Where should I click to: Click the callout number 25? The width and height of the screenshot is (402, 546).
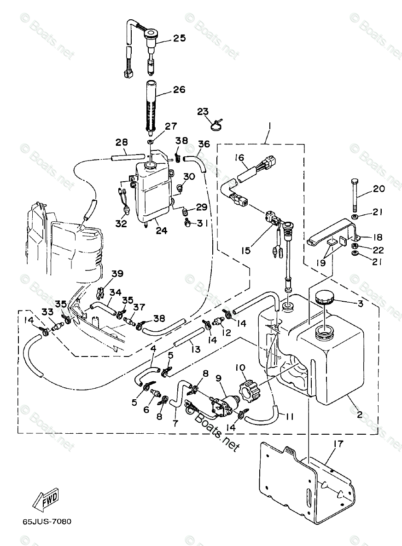click(179, 38)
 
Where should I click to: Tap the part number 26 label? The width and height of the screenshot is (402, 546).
click(179, 89)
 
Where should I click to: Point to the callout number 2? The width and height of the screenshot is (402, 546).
click(360, 414)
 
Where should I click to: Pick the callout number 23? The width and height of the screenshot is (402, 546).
click(203, 111)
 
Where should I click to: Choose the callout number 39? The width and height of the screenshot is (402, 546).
click(117, 274)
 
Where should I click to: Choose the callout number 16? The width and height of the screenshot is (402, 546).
click(239, 158)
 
